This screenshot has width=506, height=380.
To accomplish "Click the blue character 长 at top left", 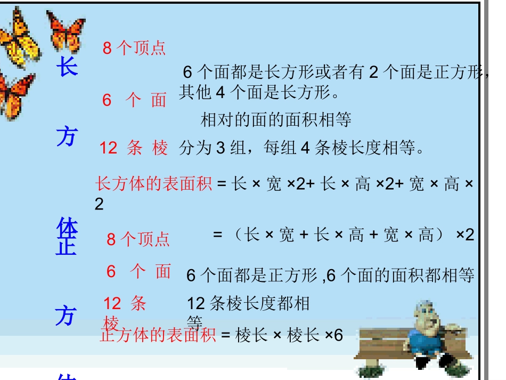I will pyautogui.click(x=68, y=68).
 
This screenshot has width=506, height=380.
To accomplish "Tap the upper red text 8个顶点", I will pyautogui.click(x=134, y=48).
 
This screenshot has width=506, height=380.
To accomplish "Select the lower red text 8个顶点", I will pyautogui.click(x=138, y=239).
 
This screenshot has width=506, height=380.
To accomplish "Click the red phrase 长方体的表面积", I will pyautogui.click(x=154, y=184).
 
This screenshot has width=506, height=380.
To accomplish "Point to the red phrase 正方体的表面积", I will pyautogui.click(x=158, y=335).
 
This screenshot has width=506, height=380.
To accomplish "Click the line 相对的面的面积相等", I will pyautogui.click(x=276, y=120).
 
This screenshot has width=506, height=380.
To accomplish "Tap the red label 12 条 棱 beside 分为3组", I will pyautogui.click(x=134, y=148).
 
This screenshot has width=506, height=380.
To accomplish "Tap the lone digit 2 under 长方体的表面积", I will pyautogui.click(x=99, y=204).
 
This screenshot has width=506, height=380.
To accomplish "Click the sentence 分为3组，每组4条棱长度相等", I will pyautogui.click(x=302, y=148).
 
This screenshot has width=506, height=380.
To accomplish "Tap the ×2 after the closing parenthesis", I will pyautogui.click(x=465, y=235).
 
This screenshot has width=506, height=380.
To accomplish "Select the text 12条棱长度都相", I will pyautogui.click(x=248, y=304).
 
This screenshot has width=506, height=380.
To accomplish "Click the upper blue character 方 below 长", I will pyautogui.click(x=67, y=137).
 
